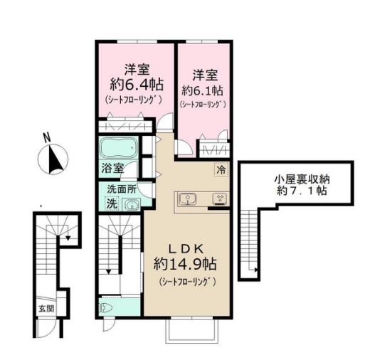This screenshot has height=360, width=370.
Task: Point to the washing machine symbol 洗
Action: click(111, 203)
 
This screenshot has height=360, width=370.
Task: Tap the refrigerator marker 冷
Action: click(221, 170)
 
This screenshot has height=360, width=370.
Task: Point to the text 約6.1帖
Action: click(203, 90)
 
